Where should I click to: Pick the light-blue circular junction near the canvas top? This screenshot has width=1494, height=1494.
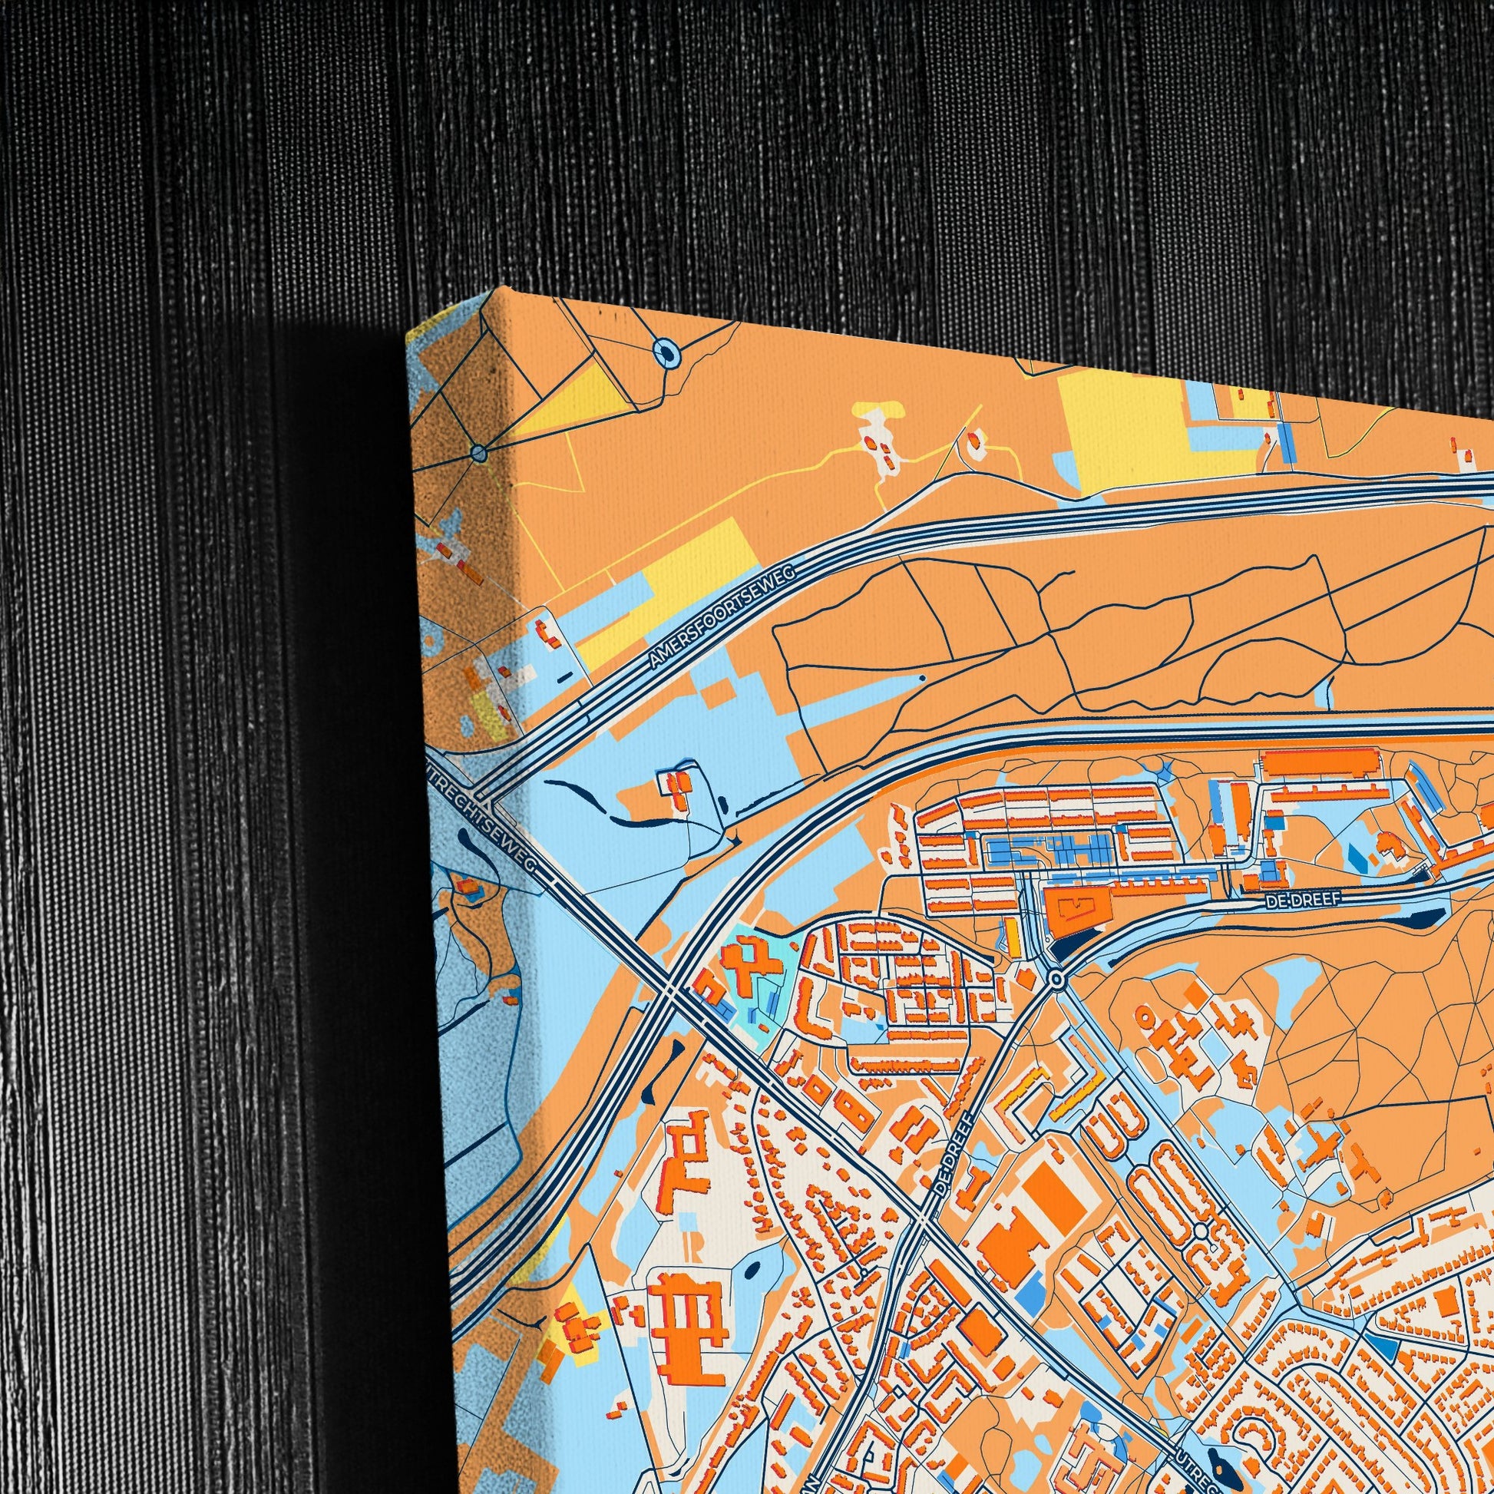pos(666,353)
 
